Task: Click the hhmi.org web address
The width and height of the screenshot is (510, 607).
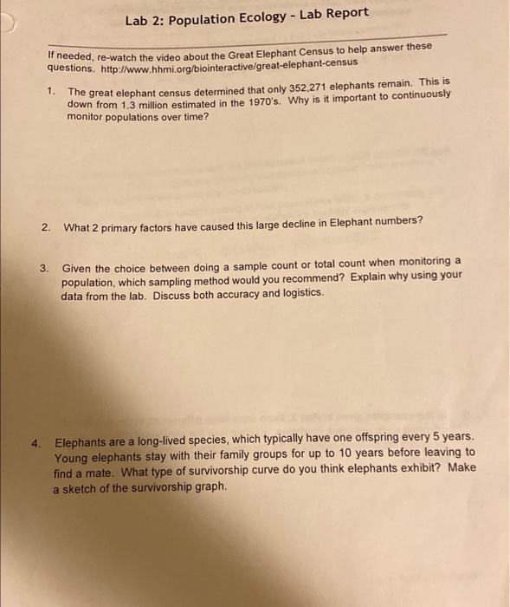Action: pyautogui.click(x=227, y=65)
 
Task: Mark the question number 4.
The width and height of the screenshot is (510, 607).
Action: pyautogui.click(x=37, y=441)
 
